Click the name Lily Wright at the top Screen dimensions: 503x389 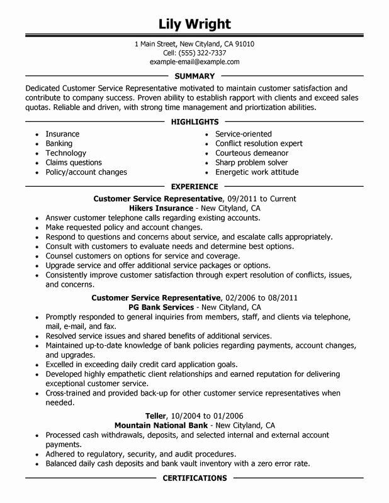click(x=194, y=25)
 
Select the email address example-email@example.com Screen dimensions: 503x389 click(x=194, y=63)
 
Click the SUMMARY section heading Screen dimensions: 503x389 click(x=194, y=75)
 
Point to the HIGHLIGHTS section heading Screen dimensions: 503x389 click(x=194, y=121)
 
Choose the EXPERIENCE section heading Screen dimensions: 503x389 click(x=194, y=187)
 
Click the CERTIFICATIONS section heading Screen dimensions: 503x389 click(x=194, y=478)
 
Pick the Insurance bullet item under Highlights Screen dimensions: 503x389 click(x=62, y=134)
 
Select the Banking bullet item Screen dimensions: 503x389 click(x=59, y=143)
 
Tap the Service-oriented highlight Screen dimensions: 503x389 click(x=244, y=134)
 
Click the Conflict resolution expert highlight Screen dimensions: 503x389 click(x=259, y=143)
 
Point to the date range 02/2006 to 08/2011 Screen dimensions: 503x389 click(x=261, y=298)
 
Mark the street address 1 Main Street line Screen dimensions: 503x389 click(x=194, y=44)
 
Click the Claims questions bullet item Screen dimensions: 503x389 click(x=74, y=162)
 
